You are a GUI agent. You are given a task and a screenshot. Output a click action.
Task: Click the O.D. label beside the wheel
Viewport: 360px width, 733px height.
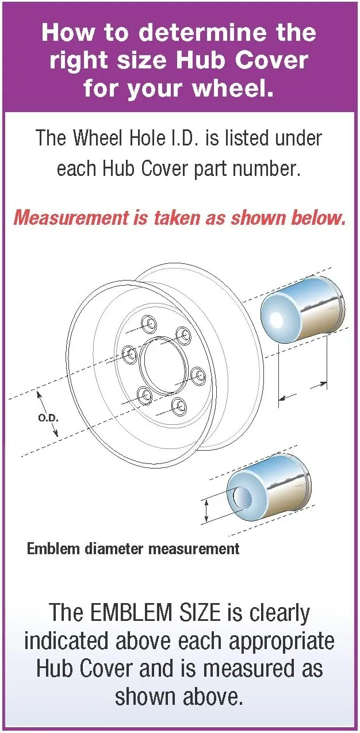[x=48, y=418]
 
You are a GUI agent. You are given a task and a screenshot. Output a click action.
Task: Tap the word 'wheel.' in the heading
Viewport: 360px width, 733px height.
[x=232, y=89]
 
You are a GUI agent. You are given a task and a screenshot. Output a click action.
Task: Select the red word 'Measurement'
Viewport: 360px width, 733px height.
[x=71, y=218]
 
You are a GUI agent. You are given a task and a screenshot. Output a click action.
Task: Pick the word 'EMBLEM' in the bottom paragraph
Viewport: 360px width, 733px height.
[x=131, y=612]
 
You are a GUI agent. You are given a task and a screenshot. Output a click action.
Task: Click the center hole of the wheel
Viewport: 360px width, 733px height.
[x=164, y=366]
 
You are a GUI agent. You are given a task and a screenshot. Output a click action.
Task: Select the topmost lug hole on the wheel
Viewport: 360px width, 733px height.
[x=148, y=323]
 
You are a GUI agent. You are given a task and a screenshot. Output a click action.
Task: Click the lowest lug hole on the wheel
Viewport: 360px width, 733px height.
[x=179, y=407]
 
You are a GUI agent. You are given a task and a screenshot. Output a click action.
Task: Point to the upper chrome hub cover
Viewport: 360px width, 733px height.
[x=302, y=309]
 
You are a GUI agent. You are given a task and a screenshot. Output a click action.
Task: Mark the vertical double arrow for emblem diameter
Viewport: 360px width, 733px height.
[x=206, y=512]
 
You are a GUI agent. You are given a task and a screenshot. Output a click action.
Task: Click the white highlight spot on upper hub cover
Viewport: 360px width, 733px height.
[x=275, y=318]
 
